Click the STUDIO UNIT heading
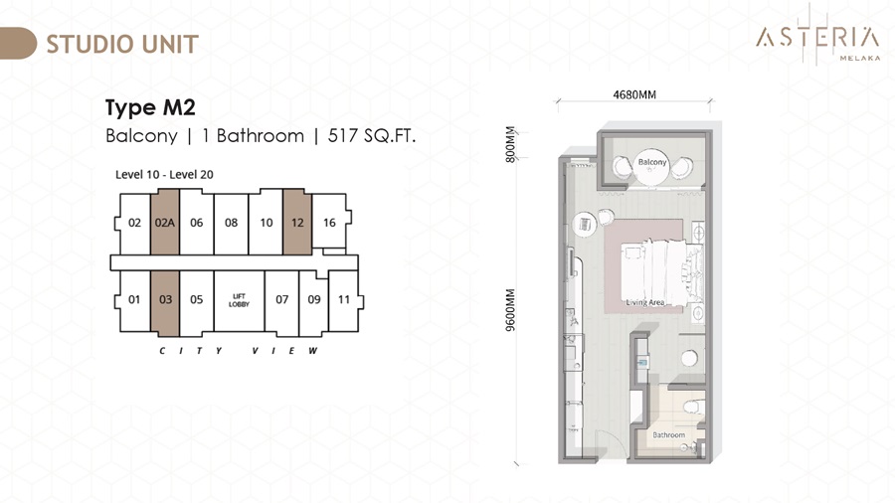(x=122, y=44)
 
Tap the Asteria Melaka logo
(x=818, y=38)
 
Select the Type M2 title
(x=150, y=107)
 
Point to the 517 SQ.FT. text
(x=372, y=136)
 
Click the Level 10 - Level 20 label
(x=164, y=175)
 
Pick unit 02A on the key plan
(x=165, y=222)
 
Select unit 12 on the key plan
(x=297, y=222)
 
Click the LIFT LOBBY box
(x=239, y=300)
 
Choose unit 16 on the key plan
(x=329, y=222)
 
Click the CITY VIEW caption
(x=239, y=351)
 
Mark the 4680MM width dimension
(x=634, y=94)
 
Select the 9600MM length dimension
(x=510, y=310)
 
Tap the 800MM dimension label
(x=510, y=144)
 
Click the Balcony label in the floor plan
(x=651, y=162)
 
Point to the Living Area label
(x=645, y=302)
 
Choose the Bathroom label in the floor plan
(x=668, y=435)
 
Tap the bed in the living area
(x=662, y=272)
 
